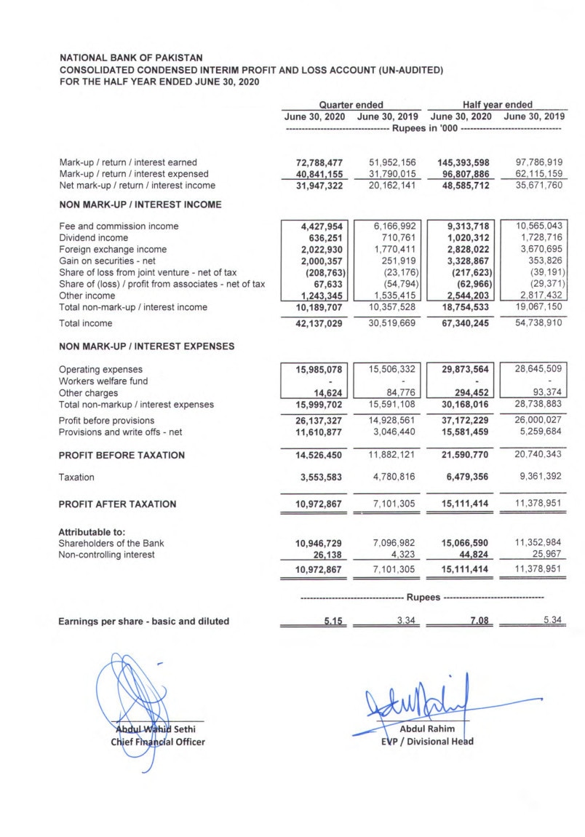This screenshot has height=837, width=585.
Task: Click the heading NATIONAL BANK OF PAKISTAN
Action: click(131, 57)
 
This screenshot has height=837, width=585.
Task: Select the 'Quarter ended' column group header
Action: click(351, 105)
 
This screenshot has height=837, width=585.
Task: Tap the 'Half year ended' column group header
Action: click(497, 105)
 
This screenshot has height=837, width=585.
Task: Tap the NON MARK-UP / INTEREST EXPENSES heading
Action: click(146, 346)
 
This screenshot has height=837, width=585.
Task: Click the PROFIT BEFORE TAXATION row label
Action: click(122, 456)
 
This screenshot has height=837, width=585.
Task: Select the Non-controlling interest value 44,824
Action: click(474, 555)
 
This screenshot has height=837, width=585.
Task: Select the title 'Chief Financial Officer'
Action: click(157, 742)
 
